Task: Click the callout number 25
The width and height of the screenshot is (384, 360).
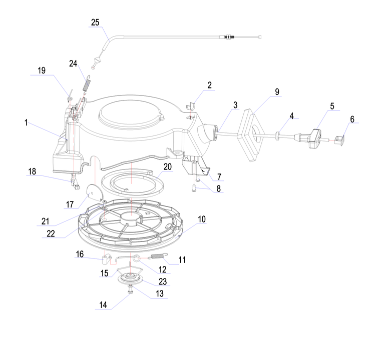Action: [95, 22]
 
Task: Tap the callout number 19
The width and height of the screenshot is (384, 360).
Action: [42, 70]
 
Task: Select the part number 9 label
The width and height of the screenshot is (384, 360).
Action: [277, 92]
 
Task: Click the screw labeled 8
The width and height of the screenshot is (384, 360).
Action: [194, 188]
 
